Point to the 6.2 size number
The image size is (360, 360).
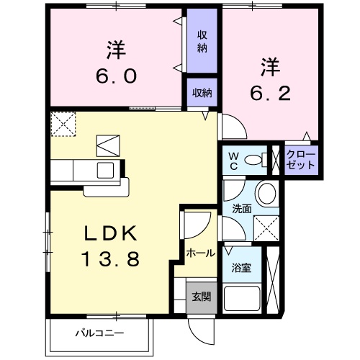[x=269, y=94]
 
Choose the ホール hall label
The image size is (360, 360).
[x=199, y=253]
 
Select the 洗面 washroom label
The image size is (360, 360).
[x=241, y=209]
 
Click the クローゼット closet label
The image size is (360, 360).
[x=300, y=159]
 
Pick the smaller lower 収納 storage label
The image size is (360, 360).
[x=202, y=92]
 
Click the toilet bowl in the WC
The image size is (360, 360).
[x=253, y=159]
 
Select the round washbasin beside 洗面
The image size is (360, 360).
[x=266, y=193]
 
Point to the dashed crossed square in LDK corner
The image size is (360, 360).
[x=63, y=123]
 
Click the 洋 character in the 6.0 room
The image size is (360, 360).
[x=116, y=50]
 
